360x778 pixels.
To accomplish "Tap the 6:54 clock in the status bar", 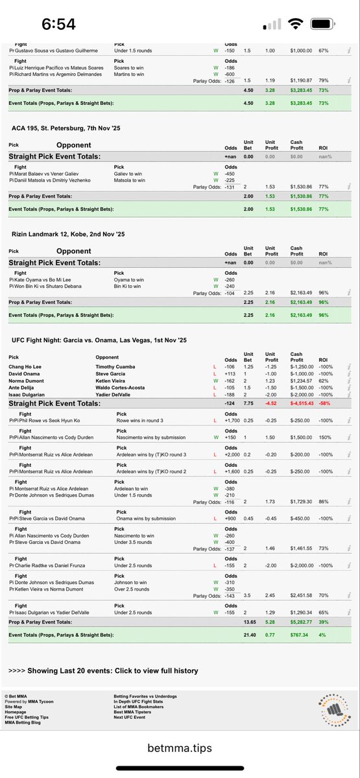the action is point(59,25).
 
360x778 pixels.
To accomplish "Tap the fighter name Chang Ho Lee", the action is point(27,367).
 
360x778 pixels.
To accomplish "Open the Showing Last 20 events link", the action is point(103,670).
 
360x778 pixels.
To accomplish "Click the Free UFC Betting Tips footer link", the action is point(25,717).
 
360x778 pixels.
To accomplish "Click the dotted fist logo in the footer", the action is point(333,707).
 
